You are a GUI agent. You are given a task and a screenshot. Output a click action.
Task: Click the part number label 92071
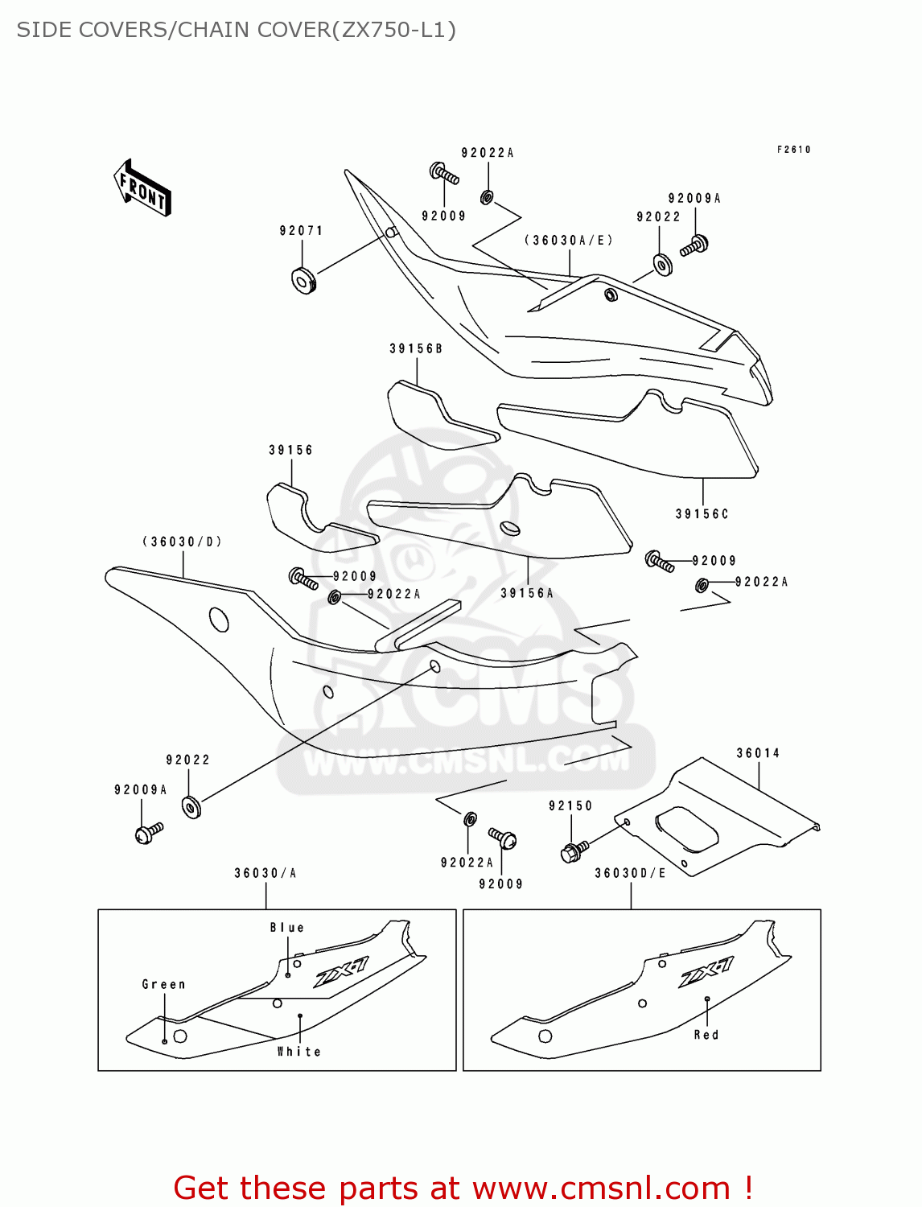tap(301, 231)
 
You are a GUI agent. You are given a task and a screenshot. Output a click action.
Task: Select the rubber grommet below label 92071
tap(303, 280)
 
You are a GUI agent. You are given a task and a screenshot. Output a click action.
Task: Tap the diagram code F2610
tap(793, 150)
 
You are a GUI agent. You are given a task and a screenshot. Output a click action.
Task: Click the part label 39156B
tap(416, 348)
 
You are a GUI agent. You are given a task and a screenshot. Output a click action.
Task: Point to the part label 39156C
tap(702, 514)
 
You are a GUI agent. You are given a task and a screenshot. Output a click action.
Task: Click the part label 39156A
tap(527, 593)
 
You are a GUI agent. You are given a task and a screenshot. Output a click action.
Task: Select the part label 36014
tap(758, 753)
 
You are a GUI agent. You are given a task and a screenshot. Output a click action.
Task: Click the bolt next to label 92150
tap(573, 851)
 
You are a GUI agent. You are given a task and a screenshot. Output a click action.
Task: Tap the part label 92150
tap(570, 805)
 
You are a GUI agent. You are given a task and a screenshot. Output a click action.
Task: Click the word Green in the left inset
tap(163, 984)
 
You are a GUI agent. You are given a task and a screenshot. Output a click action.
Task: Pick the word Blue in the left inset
tap(287, 928)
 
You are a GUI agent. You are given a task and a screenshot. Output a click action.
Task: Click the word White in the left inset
tap(298, 1052)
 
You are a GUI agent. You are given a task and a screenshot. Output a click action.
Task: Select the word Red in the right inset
tap(706, 1035)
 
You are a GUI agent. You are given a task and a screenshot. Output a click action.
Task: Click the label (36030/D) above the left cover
tap(183, 542)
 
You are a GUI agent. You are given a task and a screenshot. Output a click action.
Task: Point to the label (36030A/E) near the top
tap(569, 240)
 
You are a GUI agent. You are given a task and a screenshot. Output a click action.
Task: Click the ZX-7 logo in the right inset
tap(706, 972)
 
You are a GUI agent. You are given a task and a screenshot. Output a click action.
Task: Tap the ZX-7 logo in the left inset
tap(341, 972)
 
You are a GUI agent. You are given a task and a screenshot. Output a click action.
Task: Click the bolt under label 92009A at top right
tap(694, 245)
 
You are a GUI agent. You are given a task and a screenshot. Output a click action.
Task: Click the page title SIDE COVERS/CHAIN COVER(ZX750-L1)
tap(237, 30)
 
